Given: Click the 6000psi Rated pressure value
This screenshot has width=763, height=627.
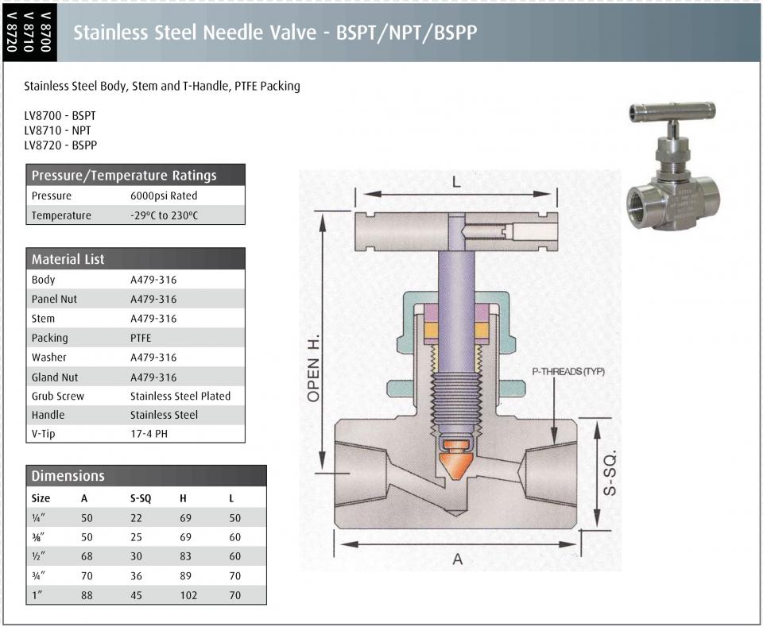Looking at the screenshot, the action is [164, 195].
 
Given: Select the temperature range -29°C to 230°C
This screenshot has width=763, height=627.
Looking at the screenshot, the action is [164, 215].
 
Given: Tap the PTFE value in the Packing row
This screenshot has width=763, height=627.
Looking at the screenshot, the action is [141, 338].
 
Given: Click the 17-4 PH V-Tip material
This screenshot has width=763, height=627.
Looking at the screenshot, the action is [149, 433].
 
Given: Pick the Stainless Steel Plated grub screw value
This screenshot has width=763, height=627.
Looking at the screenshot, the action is [180, 396].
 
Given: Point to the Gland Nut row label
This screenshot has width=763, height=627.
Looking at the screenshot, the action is [55, 377].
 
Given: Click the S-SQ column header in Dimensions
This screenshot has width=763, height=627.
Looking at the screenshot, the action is [141, 498].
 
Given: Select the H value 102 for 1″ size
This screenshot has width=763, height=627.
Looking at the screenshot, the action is [189, 595].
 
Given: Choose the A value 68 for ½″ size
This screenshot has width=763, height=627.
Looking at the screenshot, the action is [87, 556].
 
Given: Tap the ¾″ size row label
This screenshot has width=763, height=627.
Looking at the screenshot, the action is [38, 575].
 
